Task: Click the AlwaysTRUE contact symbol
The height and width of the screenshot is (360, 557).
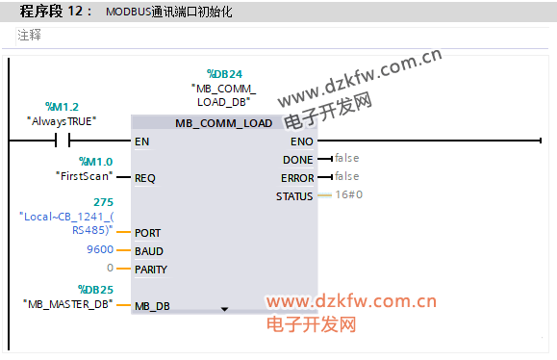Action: (63, 141)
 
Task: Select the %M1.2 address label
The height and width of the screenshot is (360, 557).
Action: (62, 106)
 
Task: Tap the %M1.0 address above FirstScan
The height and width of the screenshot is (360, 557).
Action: (96, 162)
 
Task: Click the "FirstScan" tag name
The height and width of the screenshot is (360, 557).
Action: (85, 176)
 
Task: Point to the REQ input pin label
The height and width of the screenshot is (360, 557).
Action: (145, 178)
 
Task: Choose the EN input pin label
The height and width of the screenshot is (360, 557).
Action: (141, 141)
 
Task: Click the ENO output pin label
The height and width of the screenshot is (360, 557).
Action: (302, 141)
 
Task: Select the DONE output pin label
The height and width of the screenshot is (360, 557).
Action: (297, 160)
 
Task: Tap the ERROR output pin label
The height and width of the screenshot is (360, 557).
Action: (297, 178)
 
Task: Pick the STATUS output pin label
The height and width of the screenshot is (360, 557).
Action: (294, 196)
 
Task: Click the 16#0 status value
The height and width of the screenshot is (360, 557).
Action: (349, 194)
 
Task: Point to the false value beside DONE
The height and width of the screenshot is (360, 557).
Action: (346, 158)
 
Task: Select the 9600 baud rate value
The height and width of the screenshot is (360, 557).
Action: (100, 249)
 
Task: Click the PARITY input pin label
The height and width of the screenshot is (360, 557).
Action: (151, 270)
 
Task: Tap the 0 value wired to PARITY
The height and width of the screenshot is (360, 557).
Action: (110, 268)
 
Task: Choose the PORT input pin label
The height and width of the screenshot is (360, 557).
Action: (148, 233)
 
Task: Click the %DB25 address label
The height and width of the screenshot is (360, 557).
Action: (95, 290)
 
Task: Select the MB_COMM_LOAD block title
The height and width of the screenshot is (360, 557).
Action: (224, 123)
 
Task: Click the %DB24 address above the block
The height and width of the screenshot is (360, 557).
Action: (224, 74)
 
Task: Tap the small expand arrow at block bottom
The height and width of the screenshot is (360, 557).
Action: (224, 309)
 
